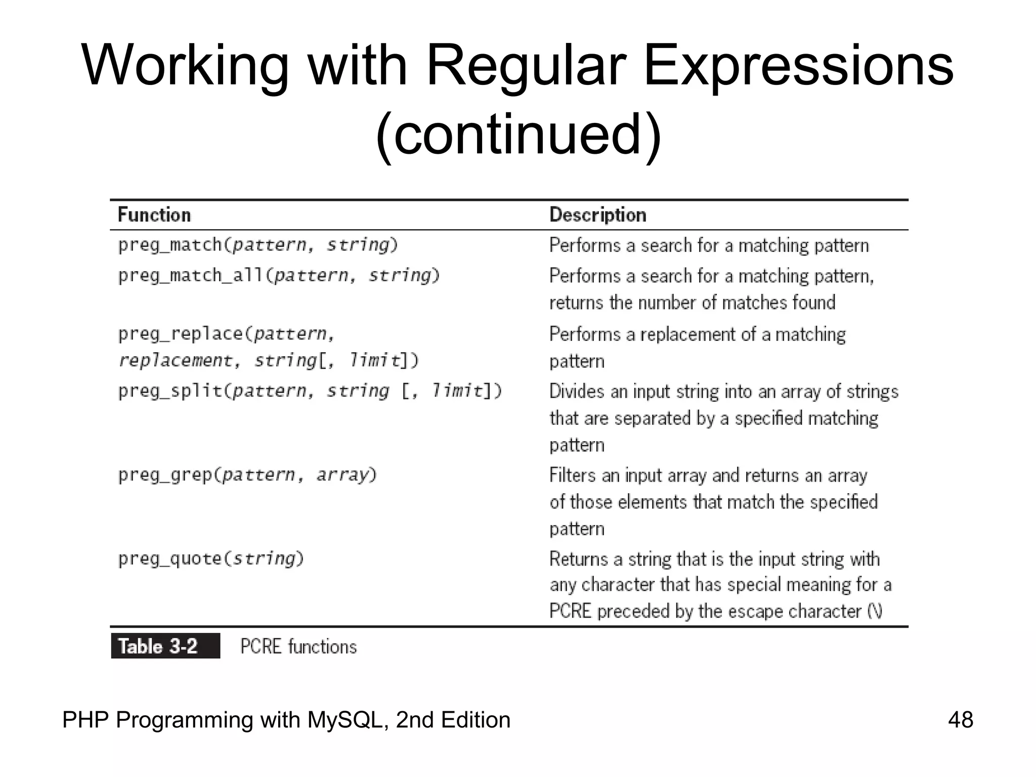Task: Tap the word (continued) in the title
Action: (518, 135)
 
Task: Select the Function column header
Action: (154, 215)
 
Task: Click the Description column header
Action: (597, 215)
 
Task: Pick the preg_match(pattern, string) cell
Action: (258, 245)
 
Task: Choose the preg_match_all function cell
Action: (279, 276)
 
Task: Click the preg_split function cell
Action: (310, 391)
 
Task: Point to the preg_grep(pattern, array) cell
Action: (247, 475)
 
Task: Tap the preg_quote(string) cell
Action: (211, 559)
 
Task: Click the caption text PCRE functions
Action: (298, 647)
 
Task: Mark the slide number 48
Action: (960, 719)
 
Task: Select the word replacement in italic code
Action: (175, 361)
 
